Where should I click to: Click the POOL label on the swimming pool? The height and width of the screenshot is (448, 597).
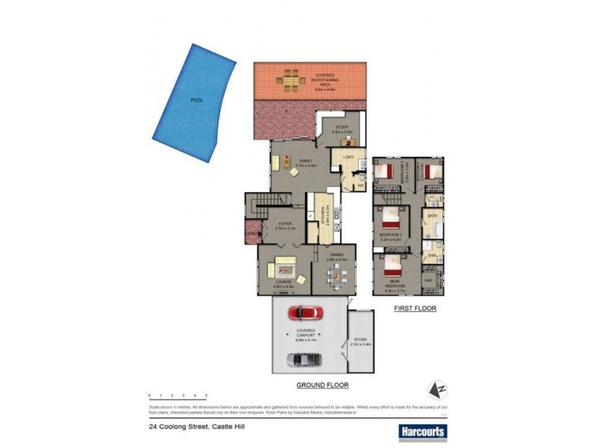[196, 99]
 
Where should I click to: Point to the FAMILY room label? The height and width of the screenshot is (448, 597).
[306, 161]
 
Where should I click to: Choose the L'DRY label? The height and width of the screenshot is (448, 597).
[348, 157]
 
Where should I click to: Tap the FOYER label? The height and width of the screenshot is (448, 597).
[285, 223]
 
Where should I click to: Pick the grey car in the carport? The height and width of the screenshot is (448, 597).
[304, 360]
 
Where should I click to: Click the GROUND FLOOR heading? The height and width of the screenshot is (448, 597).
[323, 385]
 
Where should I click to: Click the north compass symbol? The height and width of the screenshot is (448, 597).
[437, 390]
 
